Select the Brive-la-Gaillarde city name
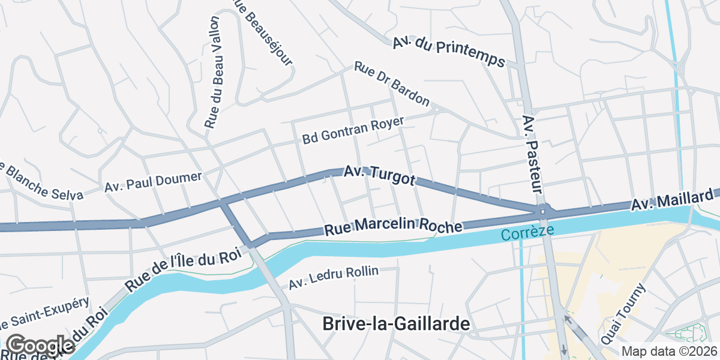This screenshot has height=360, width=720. tap(396, 323)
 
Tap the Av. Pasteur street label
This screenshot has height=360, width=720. tap(532, 154)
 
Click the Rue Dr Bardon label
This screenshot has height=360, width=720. tap(392, 83)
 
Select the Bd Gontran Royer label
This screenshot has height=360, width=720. tap(353, 130)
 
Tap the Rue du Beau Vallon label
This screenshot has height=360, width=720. tap(213, 72)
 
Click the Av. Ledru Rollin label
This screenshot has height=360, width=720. tap(334, 278)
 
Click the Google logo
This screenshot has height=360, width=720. tap(40, 346)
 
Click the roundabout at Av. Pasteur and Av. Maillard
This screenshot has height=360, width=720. tap(544, 211)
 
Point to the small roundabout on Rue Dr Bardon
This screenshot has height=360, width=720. tap(436, 109)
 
